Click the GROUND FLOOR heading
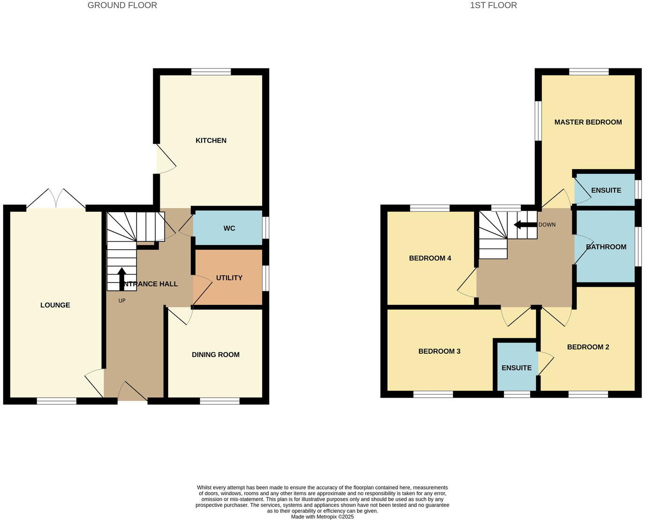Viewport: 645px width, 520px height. click(x=122, y=6)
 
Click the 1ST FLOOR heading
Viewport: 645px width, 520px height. click(x=493, y=6)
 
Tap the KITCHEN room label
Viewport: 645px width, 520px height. click(x=211, y=141)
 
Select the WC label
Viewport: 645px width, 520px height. click(x=229, y=228)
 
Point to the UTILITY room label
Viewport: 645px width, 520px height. click(x=229, y=278)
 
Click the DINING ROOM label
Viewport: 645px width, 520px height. click(x=216, y=355)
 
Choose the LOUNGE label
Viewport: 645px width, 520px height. click(x=55, y=305)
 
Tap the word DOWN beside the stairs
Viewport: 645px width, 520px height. click(x=547, y=225)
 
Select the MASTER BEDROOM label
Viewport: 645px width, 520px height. click(x=588, y=122)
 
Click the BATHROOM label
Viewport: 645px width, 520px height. click(x=606, y=247)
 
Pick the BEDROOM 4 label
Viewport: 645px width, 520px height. click(x=430, y=258)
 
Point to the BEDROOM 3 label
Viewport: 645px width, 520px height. click(x=439, y=351)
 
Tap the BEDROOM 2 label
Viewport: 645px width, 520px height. click(x=588, y=347)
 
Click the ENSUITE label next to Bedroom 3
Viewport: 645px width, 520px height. click(x=517, y=368)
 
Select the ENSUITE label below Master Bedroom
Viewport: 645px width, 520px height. click(x=606, y=190)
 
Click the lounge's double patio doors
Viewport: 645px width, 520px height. click(x=56, y=199)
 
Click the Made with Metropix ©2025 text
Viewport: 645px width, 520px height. click(x=322, y=517)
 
